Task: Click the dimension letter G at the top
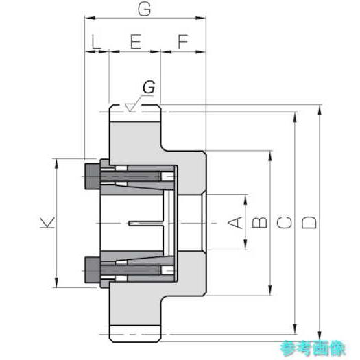[145, 10]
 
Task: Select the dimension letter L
[96, 42]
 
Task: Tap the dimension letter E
[136, 42]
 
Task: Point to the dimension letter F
[183, 42]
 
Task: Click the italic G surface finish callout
[149, 87]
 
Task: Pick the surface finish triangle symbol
[130, 108]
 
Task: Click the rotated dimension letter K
[47, 223]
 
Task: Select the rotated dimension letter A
[235, 223]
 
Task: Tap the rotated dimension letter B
[259, 223]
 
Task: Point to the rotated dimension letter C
[285, 223]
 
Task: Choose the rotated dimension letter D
[309, 223]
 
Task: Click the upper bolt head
[93, 176]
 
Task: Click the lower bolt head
[93, 269]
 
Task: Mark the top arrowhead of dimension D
[320, 110]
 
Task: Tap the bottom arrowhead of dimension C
[295, 329]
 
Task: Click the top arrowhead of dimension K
[56, 164]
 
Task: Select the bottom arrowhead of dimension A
[245, 245]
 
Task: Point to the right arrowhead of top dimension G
[200, 18]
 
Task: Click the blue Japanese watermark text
[313, 348]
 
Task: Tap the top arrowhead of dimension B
[270, 156]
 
